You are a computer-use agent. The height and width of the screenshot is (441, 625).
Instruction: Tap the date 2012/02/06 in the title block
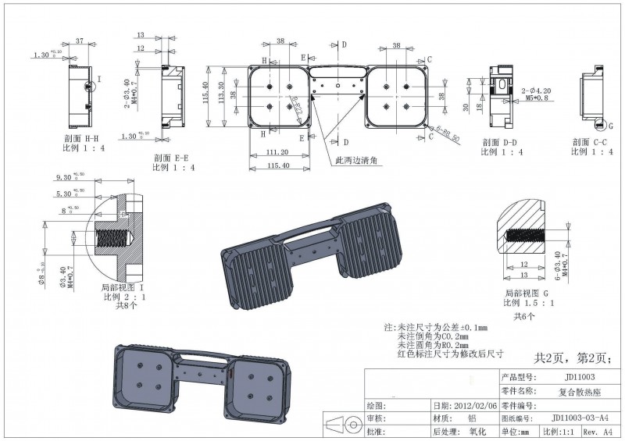coord(476,406)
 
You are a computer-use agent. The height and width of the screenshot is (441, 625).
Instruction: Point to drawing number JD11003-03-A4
coord(579,418)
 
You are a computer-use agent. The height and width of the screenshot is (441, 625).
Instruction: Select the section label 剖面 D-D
coord(501,142)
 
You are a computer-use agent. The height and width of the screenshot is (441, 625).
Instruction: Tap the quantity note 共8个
coord(127,307)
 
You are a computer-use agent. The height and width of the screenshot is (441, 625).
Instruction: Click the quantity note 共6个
coord(523,317)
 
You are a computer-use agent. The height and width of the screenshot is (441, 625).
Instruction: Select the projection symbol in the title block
coord(341,426)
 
